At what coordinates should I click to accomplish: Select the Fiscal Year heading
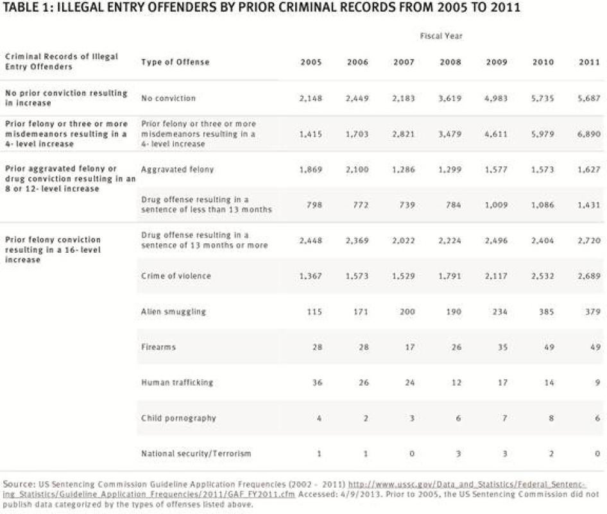(x=441, y=36)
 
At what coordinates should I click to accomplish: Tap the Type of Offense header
(x=175, y=62)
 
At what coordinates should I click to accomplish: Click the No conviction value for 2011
(x=588, y=98)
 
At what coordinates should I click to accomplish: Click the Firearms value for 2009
(x=500, y=347)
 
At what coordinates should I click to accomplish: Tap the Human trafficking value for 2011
(x=597, y=382)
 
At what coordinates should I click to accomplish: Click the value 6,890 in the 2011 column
(x=588, y=134)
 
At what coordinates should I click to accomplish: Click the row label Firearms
(x=158, y=347)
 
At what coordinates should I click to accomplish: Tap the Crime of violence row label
(x=176, y=276)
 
